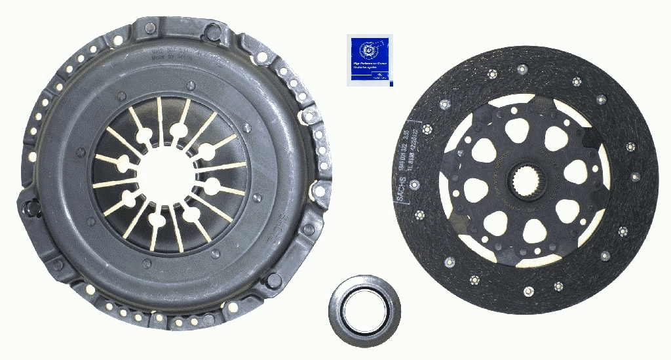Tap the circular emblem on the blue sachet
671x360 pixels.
(369, 49)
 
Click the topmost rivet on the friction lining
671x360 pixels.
(522, 70)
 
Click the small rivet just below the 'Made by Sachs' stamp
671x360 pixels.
(190, 85)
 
